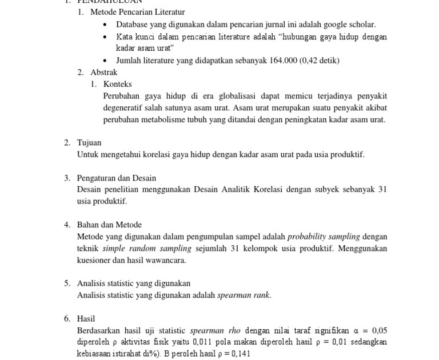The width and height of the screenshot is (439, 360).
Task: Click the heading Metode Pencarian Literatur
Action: pyautogui.click(x=137, y=12)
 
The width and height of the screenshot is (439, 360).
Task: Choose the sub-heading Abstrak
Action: pyautogui.click(x=103, y=72)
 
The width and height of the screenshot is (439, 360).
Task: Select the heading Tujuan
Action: pyautogui.click(x=89, y=143)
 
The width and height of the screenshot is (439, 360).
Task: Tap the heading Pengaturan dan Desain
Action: pyautogui.click(x=117, y=178)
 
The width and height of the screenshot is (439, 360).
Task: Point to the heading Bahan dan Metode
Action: pyautogui.click(x=109, y=225)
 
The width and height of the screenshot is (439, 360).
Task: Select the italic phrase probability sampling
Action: pyautogui.click(x=324, y=237)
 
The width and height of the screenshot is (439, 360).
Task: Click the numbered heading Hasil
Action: pyautogui.click(x=86, y=319)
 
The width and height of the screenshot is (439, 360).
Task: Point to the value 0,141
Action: pyautogui.click(x=240, y=354)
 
